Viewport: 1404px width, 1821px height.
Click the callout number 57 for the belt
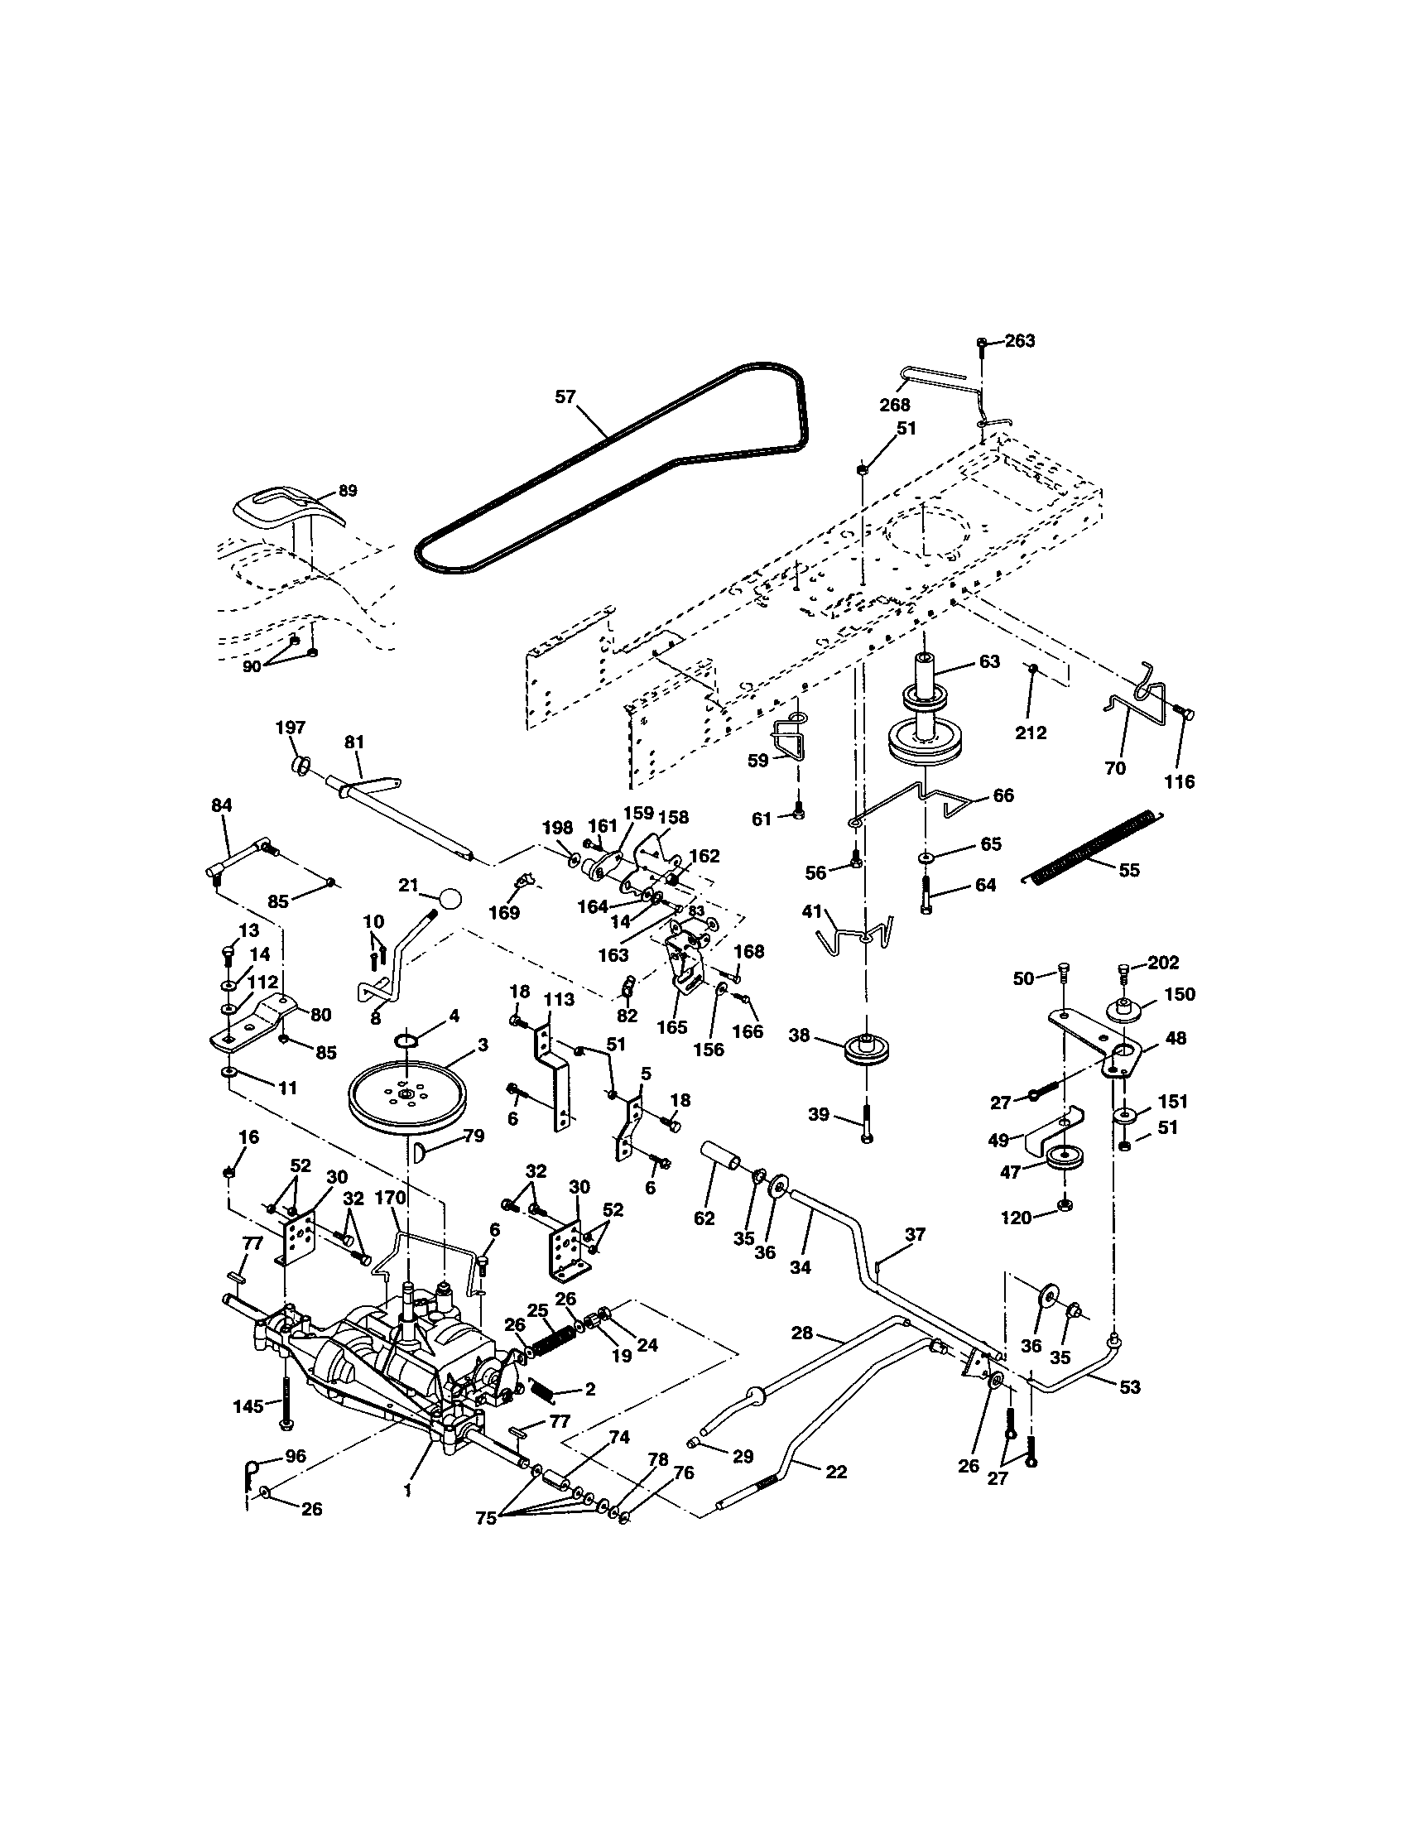tap(565, 396)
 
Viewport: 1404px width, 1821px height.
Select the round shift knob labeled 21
tap(450, 899)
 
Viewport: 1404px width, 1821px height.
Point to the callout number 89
tap(347, 490)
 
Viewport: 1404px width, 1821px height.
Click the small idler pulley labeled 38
tap(868, 1049)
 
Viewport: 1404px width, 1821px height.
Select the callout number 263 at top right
tap(1020, 340)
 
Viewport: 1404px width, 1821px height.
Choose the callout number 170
tap(389, 1199)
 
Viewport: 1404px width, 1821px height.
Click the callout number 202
tap(1162, 963)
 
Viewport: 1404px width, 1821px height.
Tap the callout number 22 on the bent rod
tap(835, 1473)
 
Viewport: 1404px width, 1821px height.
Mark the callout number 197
tap(290, 728)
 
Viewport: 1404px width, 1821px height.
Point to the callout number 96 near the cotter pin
tap(296, 1457)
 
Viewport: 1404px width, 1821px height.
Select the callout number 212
tap(1031, 733)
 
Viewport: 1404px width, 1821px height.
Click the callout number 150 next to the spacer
tap(1180, 994)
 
